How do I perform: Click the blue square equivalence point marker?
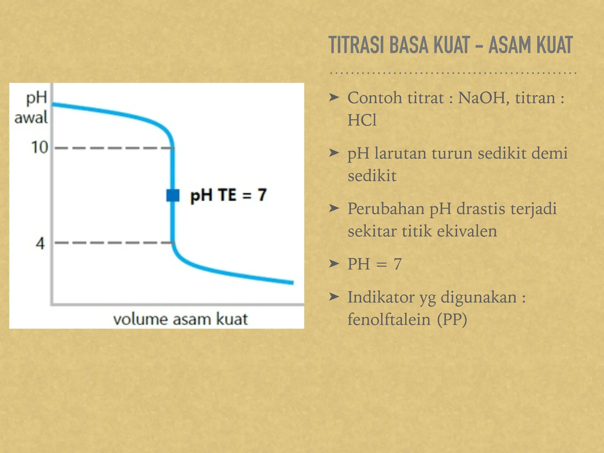tap(173, 195)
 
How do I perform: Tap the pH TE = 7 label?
tap(229, 195)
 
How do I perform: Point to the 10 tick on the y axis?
tap(40, 147)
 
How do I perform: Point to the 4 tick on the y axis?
tap(40, 243)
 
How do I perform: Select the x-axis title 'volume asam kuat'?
tap(180, 319)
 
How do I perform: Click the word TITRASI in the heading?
tap(357, 45)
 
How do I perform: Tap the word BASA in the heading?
tap(408, 45)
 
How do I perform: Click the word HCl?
tap(362, 120)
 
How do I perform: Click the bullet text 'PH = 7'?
tap(375, 264)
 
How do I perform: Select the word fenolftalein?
tap(389, 319)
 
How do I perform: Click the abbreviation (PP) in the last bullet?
tap(452, 319)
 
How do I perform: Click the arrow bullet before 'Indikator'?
tap(334, 297)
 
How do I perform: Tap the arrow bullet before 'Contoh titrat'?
tap(334, 97)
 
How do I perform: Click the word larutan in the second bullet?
tap(400, 153)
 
